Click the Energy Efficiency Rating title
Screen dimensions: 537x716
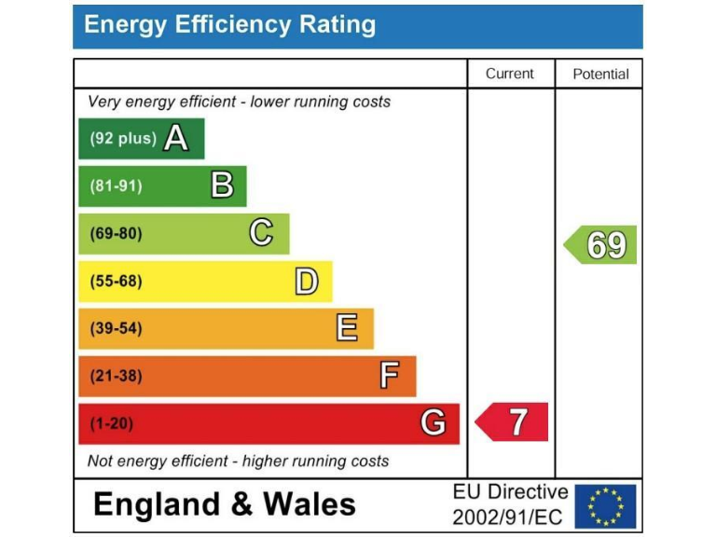[x=229, y=25]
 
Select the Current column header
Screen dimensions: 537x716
[x=510, y=74]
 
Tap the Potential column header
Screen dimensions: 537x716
[x=600, y=74]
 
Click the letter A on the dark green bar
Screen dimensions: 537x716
[x=175, y=139]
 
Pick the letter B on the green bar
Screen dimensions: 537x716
[x=222, y=186]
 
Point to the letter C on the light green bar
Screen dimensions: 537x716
[x=261, y=233]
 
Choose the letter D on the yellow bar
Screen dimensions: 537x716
[x=307, y=281]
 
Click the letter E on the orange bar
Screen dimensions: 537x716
[x=347, y=328]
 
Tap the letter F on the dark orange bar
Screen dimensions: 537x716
[x=390, y=376]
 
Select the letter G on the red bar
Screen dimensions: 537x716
[x=433, y=423]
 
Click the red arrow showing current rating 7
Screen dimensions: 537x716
[x=513, y=422]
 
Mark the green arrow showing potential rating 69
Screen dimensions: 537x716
[x=602, y=245]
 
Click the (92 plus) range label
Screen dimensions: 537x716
[x=123, y=139]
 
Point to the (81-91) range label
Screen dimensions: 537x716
[x=117, y=186]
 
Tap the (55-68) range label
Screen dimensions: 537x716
[x=117, y=281]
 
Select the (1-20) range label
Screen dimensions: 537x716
[x=112, y=423]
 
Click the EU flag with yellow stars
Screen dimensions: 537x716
[x=606, y=506]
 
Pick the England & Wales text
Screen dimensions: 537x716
[x=225, y=504]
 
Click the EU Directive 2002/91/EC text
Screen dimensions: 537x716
[x=509, y=504]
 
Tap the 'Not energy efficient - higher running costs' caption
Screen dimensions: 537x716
[x=238, y=461]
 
